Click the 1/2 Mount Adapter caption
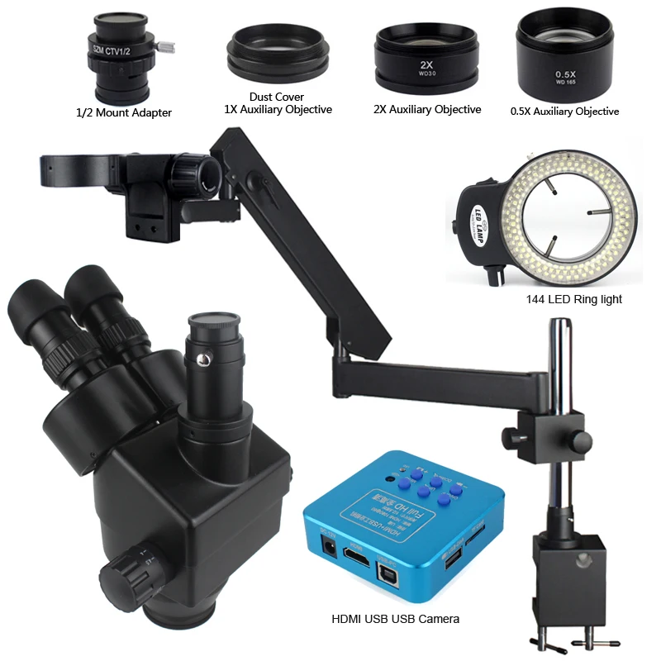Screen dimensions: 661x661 [123, 112]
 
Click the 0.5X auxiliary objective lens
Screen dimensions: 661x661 [565, 57]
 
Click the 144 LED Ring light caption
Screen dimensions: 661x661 [573, 299]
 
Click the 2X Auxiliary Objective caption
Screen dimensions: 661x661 [428, 110]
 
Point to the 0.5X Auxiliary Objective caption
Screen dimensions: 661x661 [564, 112]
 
